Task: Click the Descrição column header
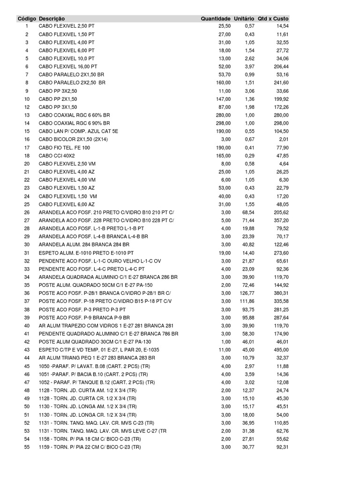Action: [x=52, y=18]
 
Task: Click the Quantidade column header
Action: [x=216, y=18]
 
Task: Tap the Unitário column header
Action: [x=244, y=18]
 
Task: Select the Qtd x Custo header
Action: [x=273, y=18]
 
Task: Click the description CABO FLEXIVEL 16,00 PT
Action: [x=68, y=67]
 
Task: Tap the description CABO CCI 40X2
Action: [x=58, y=155]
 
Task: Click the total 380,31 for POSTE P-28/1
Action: [x=281, y=293]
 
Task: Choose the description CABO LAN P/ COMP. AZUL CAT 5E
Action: [x=79, y=131]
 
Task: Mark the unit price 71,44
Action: [x=248, y=220]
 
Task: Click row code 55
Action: [x=27, y=447]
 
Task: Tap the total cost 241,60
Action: [x=281, y=82]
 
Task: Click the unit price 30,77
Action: [x=248, y=447]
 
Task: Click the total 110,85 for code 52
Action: [x=281, y=423]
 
